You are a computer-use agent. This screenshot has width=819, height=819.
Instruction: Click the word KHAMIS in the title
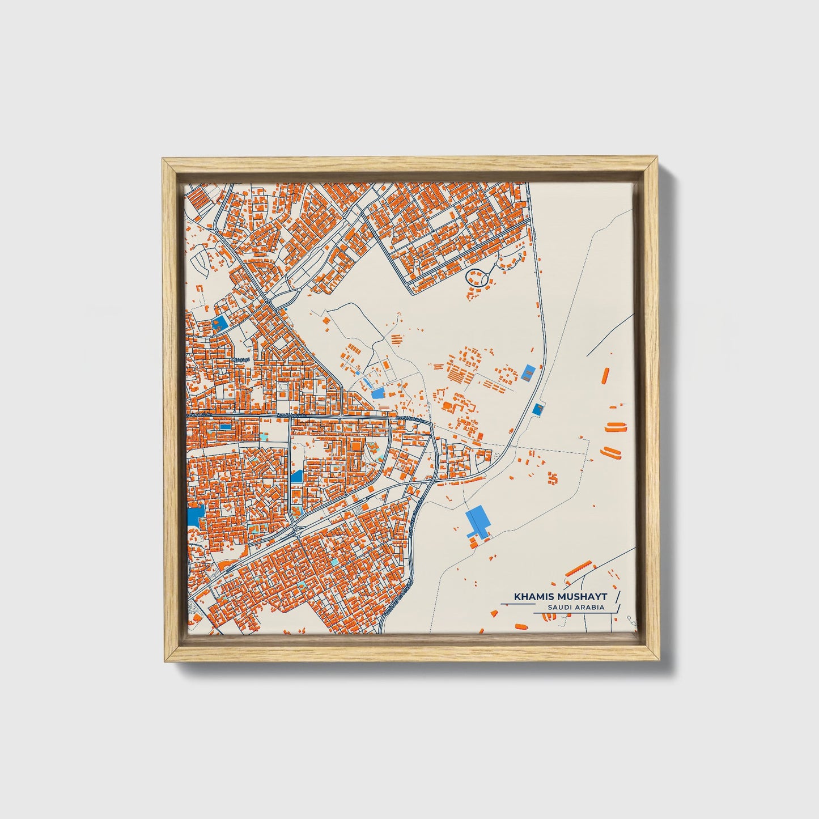[x=531, y=597]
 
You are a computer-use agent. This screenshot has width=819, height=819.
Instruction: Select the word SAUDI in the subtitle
[x=558, y=608]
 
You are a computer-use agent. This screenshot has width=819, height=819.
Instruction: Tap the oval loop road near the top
[x=479, y=277]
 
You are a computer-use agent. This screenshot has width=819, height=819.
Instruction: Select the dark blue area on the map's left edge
[x=196, y=515]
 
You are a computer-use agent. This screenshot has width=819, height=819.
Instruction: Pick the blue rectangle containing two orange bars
[x=529, y=372]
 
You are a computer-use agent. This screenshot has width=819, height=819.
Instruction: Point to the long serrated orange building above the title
[x=579, y=568]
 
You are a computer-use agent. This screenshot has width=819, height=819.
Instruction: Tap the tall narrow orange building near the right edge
[x=605, y=376]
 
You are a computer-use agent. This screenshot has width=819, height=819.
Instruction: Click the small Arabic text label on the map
[x=241, y=360]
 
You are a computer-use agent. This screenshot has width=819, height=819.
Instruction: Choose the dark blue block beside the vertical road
[x=296, y=476]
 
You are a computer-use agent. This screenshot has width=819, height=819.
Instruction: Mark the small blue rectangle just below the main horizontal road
[x=225, y=426]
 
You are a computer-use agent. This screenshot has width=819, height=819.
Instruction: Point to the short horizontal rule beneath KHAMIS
[x=517, y=605]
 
